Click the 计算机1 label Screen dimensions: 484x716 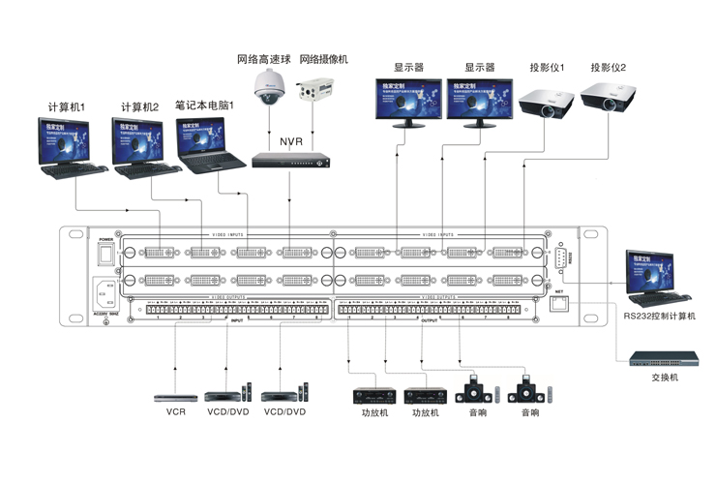click(x=68, y=106)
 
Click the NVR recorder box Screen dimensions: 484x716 click(x=290, y=161)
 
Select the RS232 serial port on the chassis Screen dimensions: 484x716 click(x=557, y=257)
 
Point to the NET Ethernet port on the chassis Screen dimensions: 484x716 click(x=558, y=304)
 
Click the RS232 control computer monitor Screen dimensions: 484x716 click(x=651, y=271)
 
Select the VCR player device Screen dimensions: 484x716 click(x=175, y=396)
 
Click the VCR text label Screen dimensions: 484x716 click(x=175, y=411)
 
